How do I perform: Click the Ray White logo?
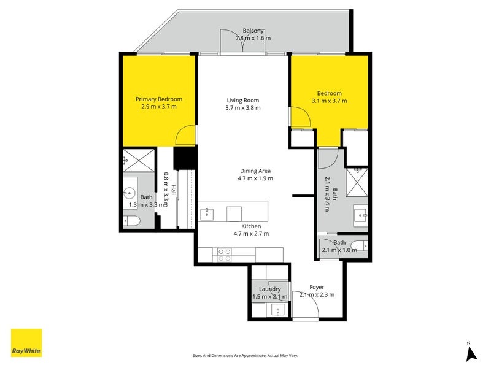[26, 343]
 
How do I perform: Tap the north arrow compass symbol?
[471, 352]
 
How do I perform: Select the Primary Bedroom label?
[159, 99]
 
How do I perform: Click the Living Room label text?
[243, 100]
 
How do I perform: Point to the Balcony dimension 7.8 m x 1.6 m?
[253, 38]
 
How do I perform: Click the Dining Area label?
[255, 171]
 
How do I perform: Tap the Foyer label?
[317, 286]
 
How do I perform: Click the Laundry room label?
[270, 289]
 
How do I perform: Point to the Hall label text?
[174, 190]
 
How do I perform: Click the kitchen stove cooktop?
[225, 251]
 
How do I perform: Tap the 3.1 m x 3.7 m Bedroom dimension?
[329, 101]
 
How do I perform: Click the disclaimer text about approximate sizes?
[245, 355]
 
